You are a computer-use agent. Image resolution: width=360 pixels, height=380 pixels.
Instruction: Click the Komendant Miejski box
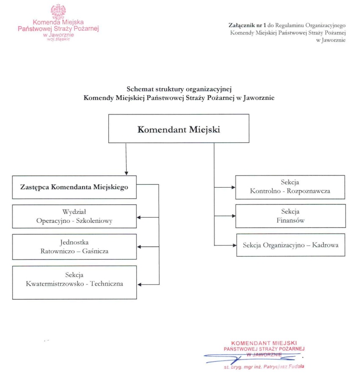tap(179, 128)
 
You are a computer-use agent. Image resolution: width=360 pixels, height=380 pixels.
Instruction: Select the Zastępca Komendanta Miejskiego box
tap(74, 187)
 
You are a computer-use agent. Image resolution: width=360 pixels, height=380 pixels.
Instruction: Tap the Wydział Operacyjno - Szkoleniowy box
tap(74, 216)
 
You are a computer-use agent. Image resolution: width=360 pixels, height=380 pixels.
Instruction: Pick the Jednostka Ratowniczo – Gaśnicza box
tap(74, 246)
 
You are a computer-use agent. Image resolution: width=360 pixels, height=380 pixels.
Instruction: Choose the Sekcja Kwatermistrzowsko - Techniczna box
tap(74, 282)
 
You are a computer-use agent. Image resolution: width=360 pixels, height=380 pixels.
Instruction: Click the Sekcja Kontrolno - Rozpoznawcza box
tap(290, 186)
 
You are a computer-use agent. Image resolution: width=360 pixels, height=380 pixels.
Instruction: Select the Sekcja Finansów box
tap(290, 216)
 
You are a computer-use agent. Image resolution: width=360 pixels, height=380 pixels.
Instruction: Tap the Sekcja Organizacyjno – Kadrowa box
tap(290, 245)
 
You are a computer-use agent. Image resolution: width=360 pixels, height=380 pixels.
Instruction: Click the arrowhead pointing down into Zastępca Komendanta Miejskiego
tap(126, 172)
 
